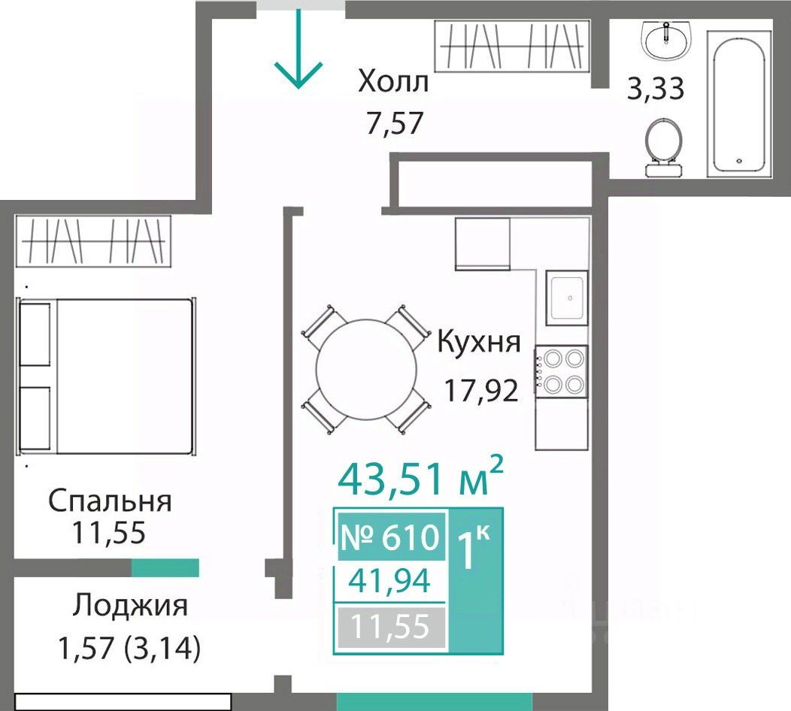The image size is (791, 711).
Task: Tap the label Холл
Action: point(393,82)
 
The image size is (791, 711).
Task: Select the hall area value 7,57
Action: point(395,123)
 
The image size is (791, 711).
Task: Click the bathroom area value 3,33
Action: point(656,89)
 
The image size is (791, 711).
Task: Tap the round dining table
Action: point(366,369)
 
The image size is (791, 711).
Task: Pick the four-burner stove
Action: point(562,371)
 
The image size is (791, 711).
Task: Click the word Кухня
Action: point(479,342)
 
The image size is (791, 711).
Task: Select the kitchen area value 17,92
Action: point(480,390)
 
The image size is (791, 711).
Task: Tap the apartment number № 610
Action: point(391,537)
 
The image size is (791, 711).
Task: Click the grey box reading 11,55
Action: point(392,628)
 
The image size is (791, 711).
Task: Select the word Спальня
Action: point(111,502)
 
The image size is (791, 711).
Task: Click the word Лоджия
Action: point(129,606)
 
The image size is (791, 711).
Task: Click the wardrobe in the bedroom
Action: point(93,241)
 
